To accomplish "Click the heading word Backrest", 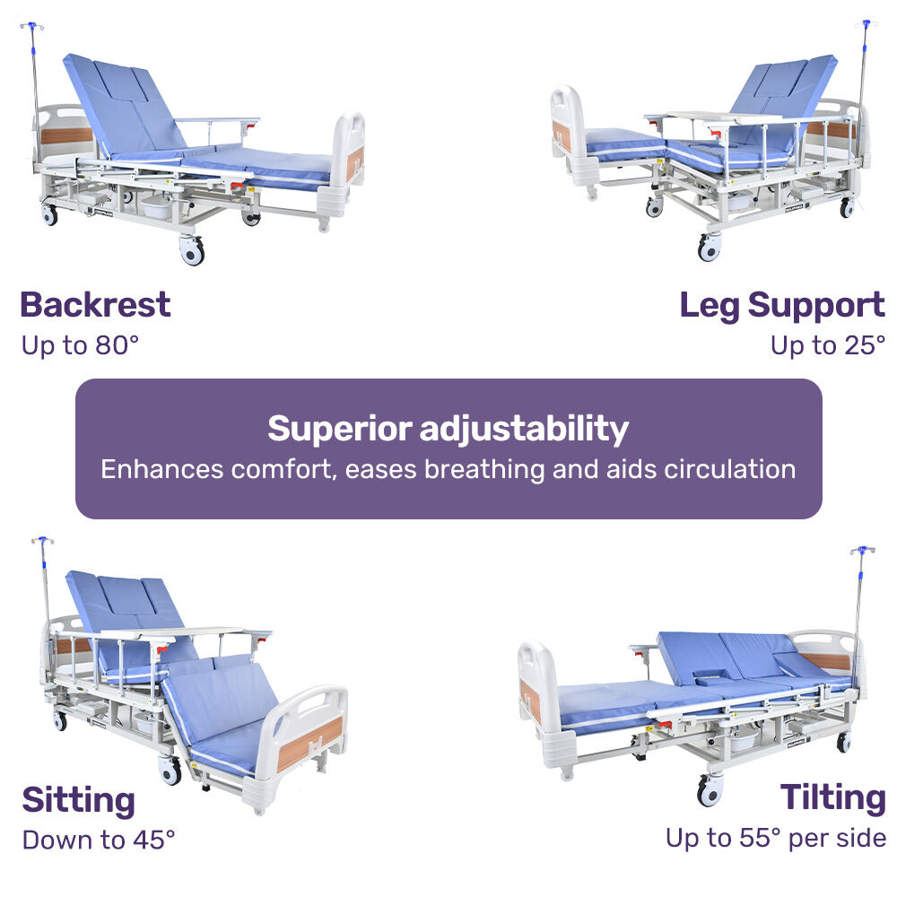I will pos(95,305).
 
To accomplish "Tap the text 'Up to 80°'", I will pos(80,345).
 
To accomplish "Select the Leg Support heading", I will pos(781,305).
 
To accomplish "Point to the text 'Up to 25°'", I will pos(827,345).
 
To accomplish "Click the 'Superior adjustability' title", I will pos(448,429).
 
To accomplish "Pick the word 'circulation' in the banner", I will pos(729,469).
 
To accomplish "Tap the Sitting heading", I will pos(79,799).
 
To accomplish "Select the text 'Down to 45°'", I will pos(99,840).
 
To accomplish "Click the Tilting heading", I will pos(832,797).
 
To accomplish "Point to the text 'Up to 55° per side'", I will pos(775,839).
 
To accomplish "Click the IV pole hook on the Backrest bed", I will pos(30,28).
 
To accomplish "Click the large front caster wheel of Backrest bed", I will pos(192,250).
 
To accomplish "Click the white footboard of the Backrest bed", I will pos(349,161).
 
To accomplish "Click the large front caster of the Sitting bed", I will pos(169,770).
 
